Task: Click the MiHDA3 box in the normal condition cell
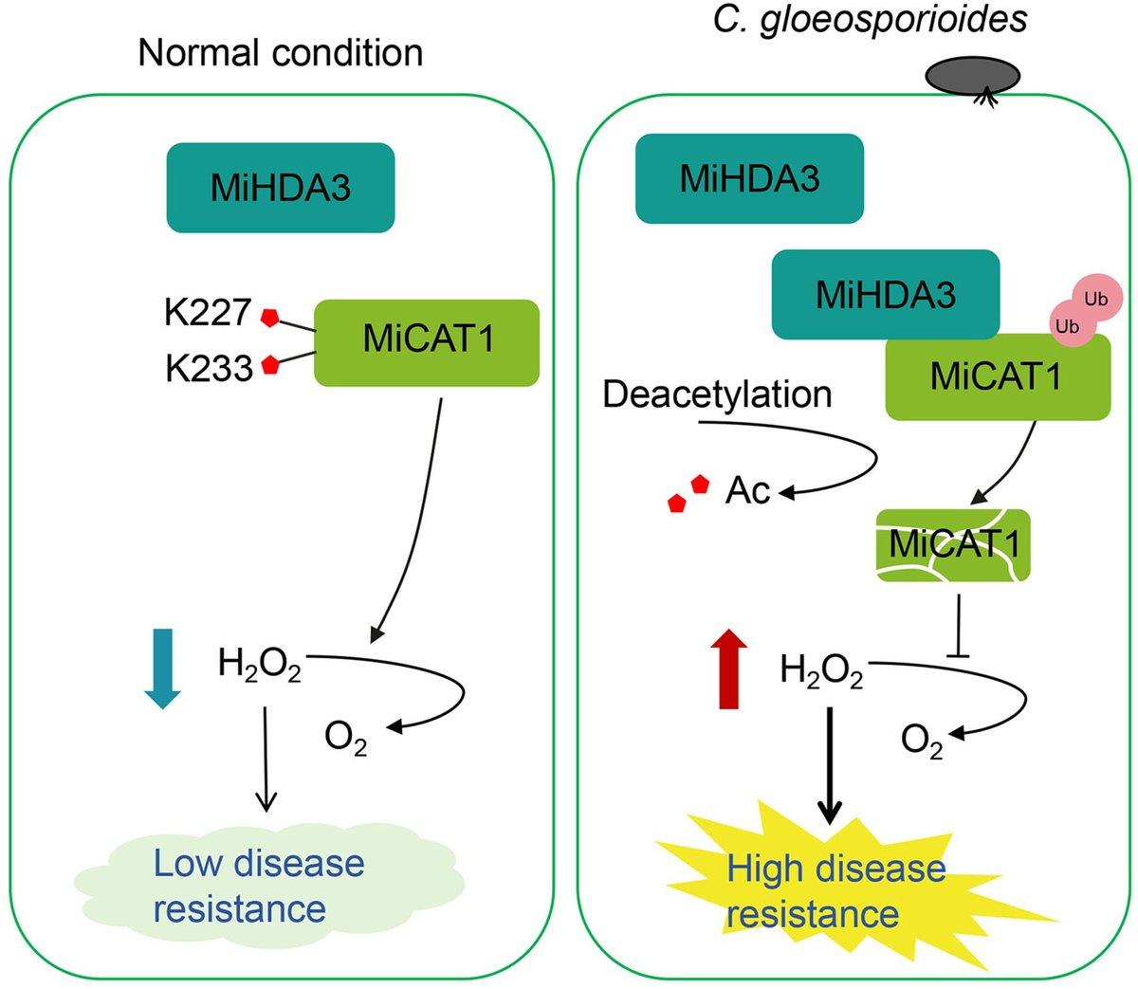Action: (280, 188)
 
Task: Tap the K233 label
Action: (209, 368)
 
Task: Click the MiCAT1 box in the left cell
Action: (427, 342)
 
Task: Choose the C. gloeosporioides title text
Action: (870, 20)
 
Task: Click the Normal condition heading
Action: (280, 52)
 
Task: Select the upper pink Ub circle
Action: (1096, 299)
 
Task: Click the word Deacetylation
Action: (717, 394)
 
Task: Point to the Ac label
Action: (747, 490)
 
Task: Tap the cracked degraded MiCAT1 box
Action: (952, 545)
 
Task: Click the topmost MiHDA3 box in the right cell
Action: (749, 178)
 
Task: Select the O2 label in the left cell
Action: (345, 738)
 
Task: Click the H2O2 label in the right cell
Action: (821, 670)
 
